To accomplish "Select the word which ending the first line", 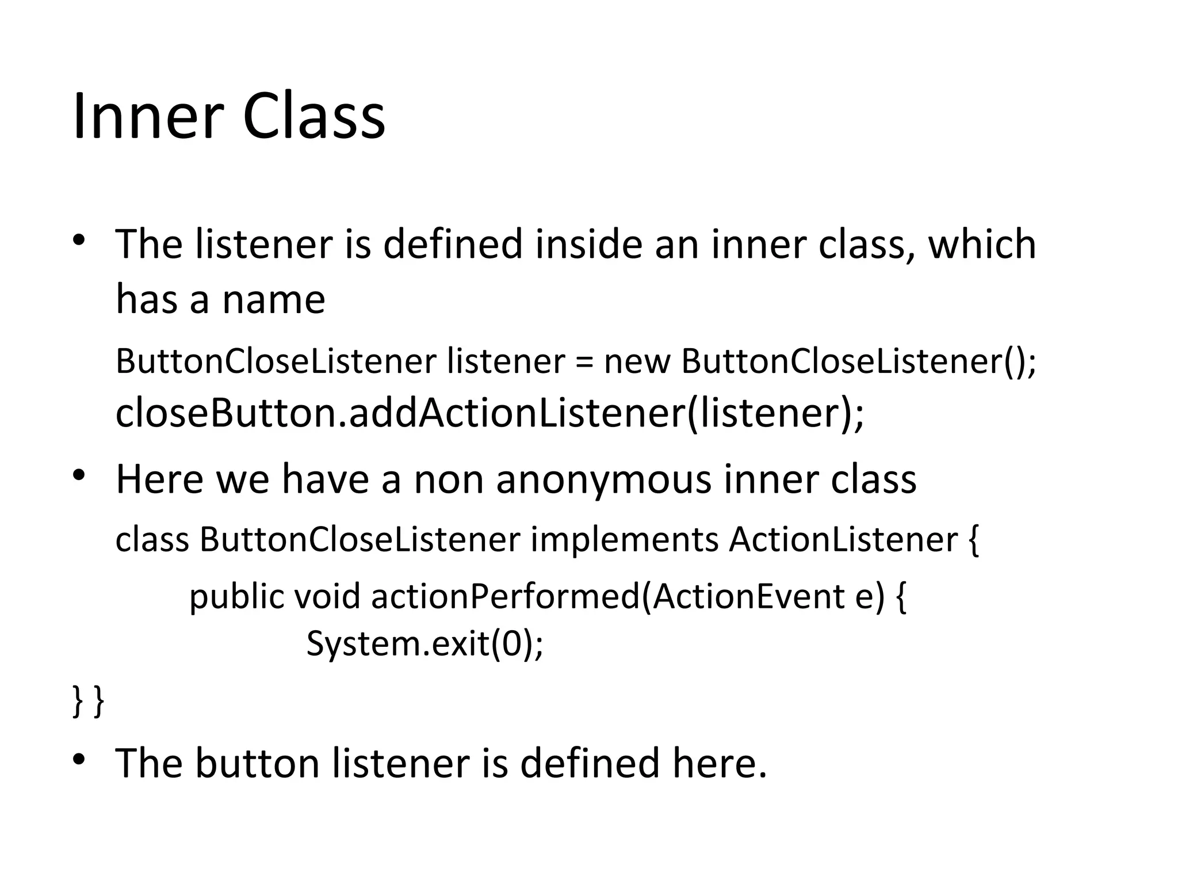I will [982, 244].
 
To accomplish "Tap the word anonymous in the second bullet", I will [603, 479].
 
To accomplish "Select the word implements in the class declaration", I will [624, 540].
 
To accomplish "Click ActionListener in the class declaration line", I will [843, 540].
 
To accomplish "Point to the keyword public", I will [236, 597].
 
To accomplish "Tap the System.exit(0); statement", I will [424, 643].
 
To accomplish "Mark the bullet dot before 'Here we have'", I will [79, 475].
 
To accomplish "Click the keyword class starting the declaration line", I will [152, 540].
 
